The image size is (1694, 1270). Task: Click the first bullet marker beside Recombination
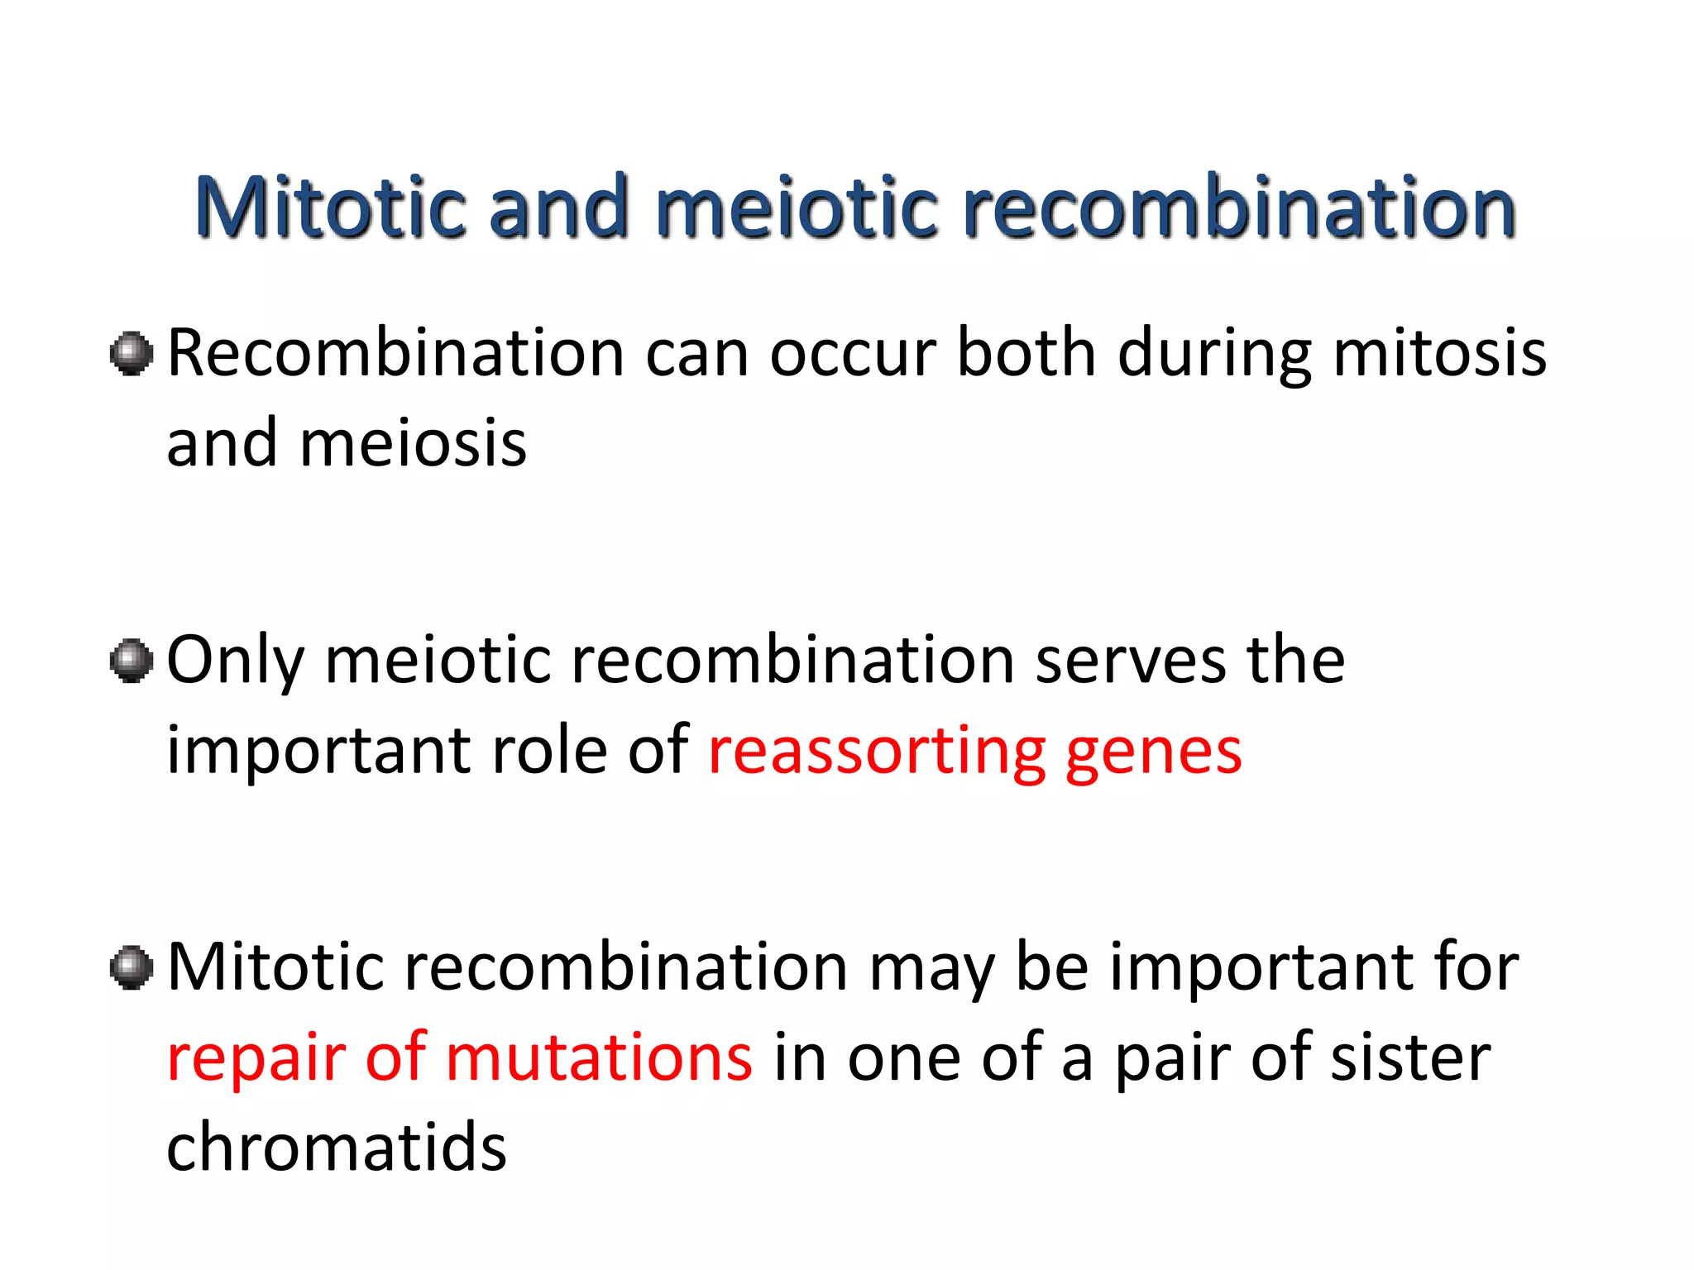tap(132, 354)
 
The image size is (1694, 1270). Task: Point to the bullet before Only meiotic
tap(132, 661)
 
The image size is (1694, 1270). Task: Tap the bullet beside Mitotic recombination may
tap(132, 967)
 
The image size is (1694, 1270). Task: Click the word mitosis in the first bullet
tap(1439, 354)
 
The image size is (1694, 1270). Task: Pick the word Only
tap(235, 661)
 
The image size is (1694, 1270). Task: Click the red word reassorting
tap(877, 752)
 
